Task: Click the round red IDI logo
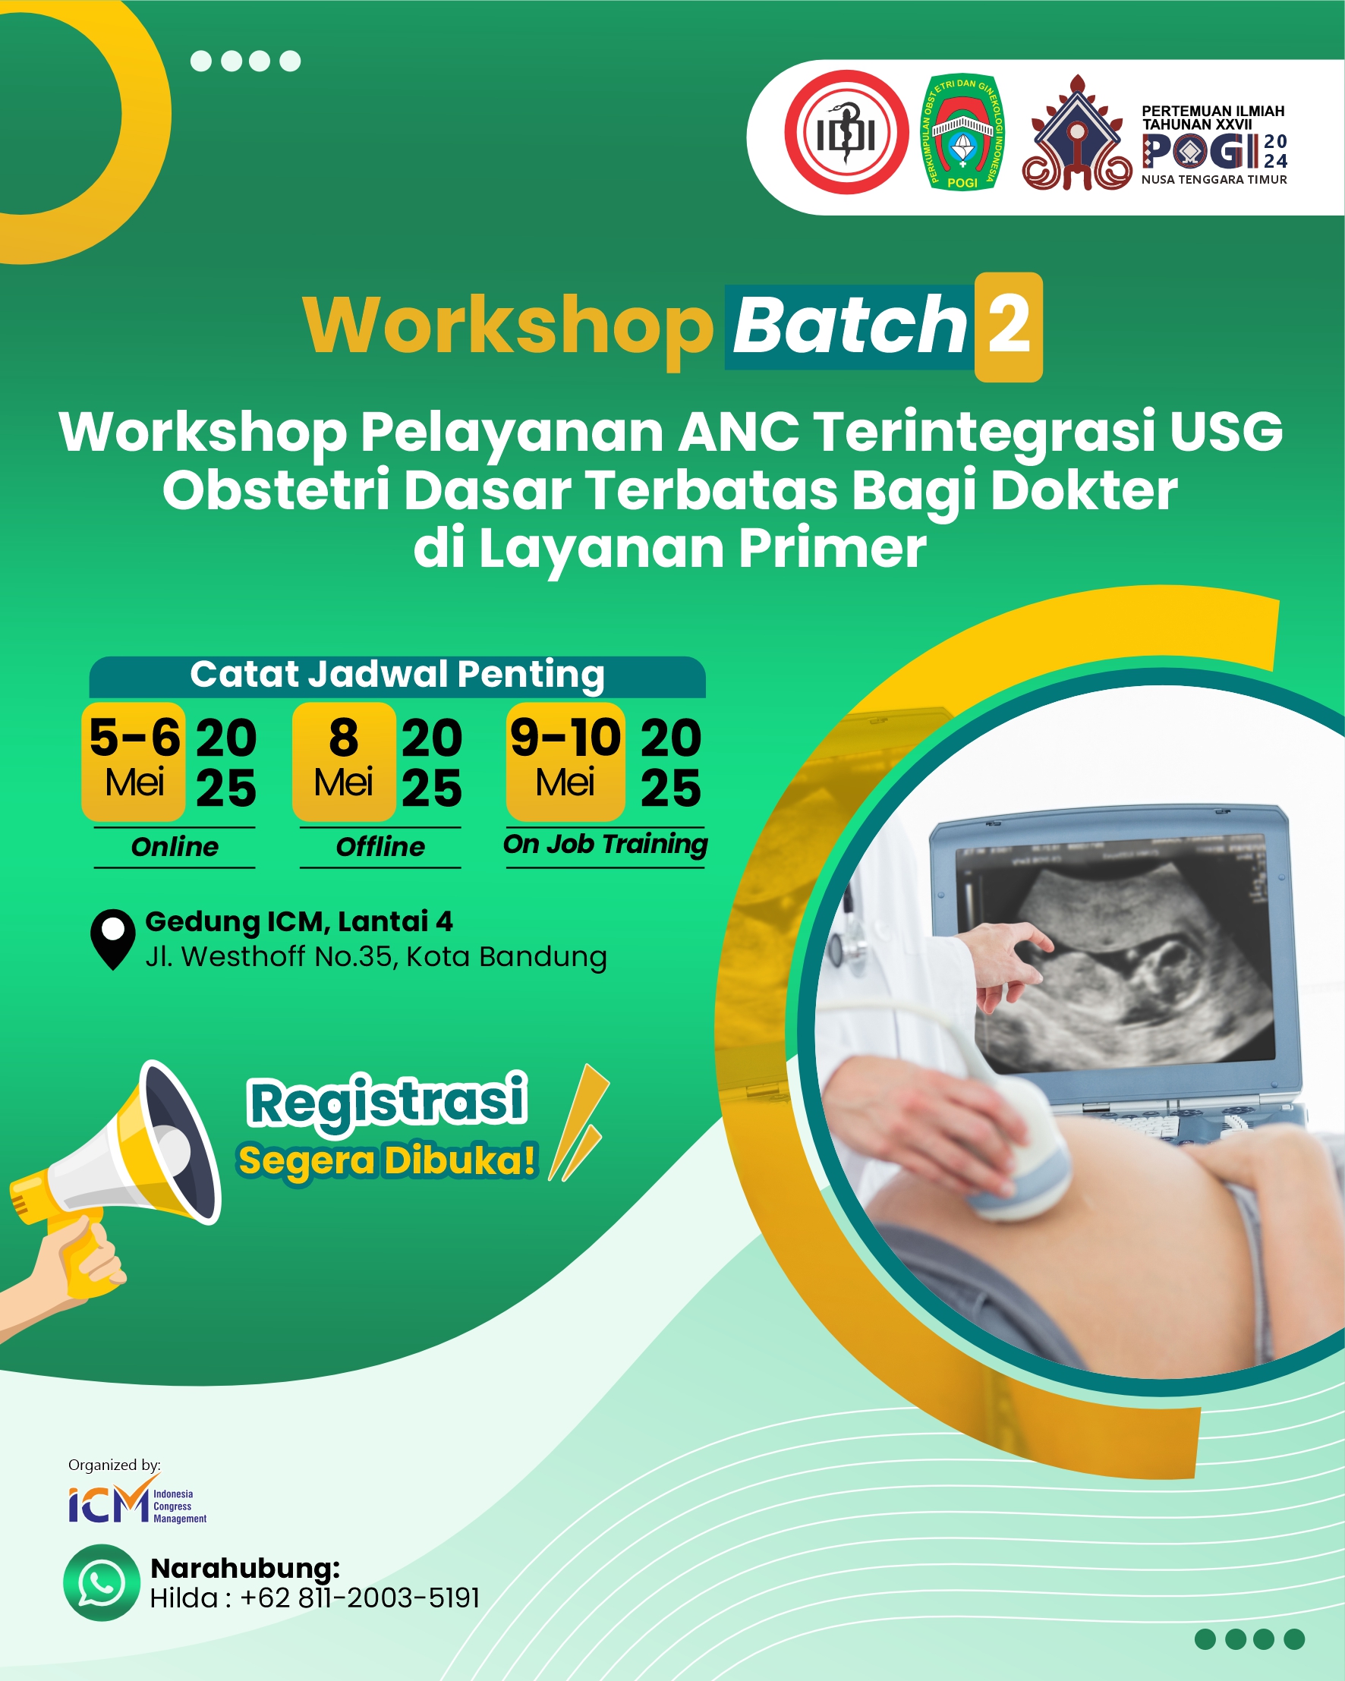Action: point(846,133)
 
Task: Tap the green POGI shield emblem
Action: point(962,133)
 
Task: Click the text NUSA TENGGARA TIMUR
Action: point(1214,180)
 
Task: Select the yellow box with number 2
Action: point(1008,326)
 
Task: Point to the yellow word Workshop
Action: point(508,326)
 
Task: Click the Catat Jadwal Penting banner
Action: point(397,675)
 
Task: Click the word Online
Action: point(175,847)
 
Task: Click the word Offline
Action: point(380,847)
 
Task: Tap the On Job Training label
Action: point(605,845)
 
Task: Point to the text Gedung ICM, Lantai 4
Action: point(298,921)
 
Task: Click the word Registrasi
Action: point(388,1102)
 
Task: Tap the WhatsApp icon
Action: point(102,1583)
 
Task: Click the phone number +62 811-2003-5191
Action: point(360,1598)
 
